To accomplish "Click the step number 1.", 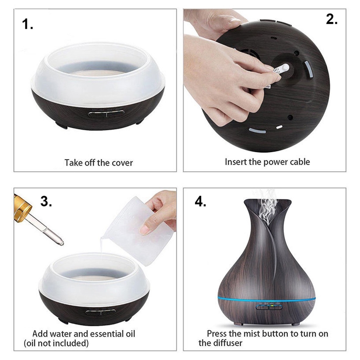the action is click(x=27, y=24).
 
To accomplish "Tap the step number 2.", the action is click(x=332, y=19).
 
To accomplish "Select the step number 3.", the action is click(x=46, y=201).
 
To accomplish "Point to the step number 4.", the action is click(x=200, y=202).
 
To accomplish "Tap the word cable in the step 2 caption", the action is click(x=299, y=162).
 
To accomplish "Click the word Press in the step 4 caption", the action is click(x=217, y=333).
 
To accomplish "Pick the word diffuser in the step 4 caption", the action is click(x=228, y=343).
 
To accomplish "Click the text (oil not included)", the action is click(x=56, y=343).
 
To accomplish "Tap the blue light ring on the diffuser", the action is click(x=266, y=299).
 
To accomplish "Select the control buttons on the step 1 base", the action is click(x=106, y=113).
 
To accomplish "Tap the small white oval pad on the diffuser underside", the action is click(x=279, y=127).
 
